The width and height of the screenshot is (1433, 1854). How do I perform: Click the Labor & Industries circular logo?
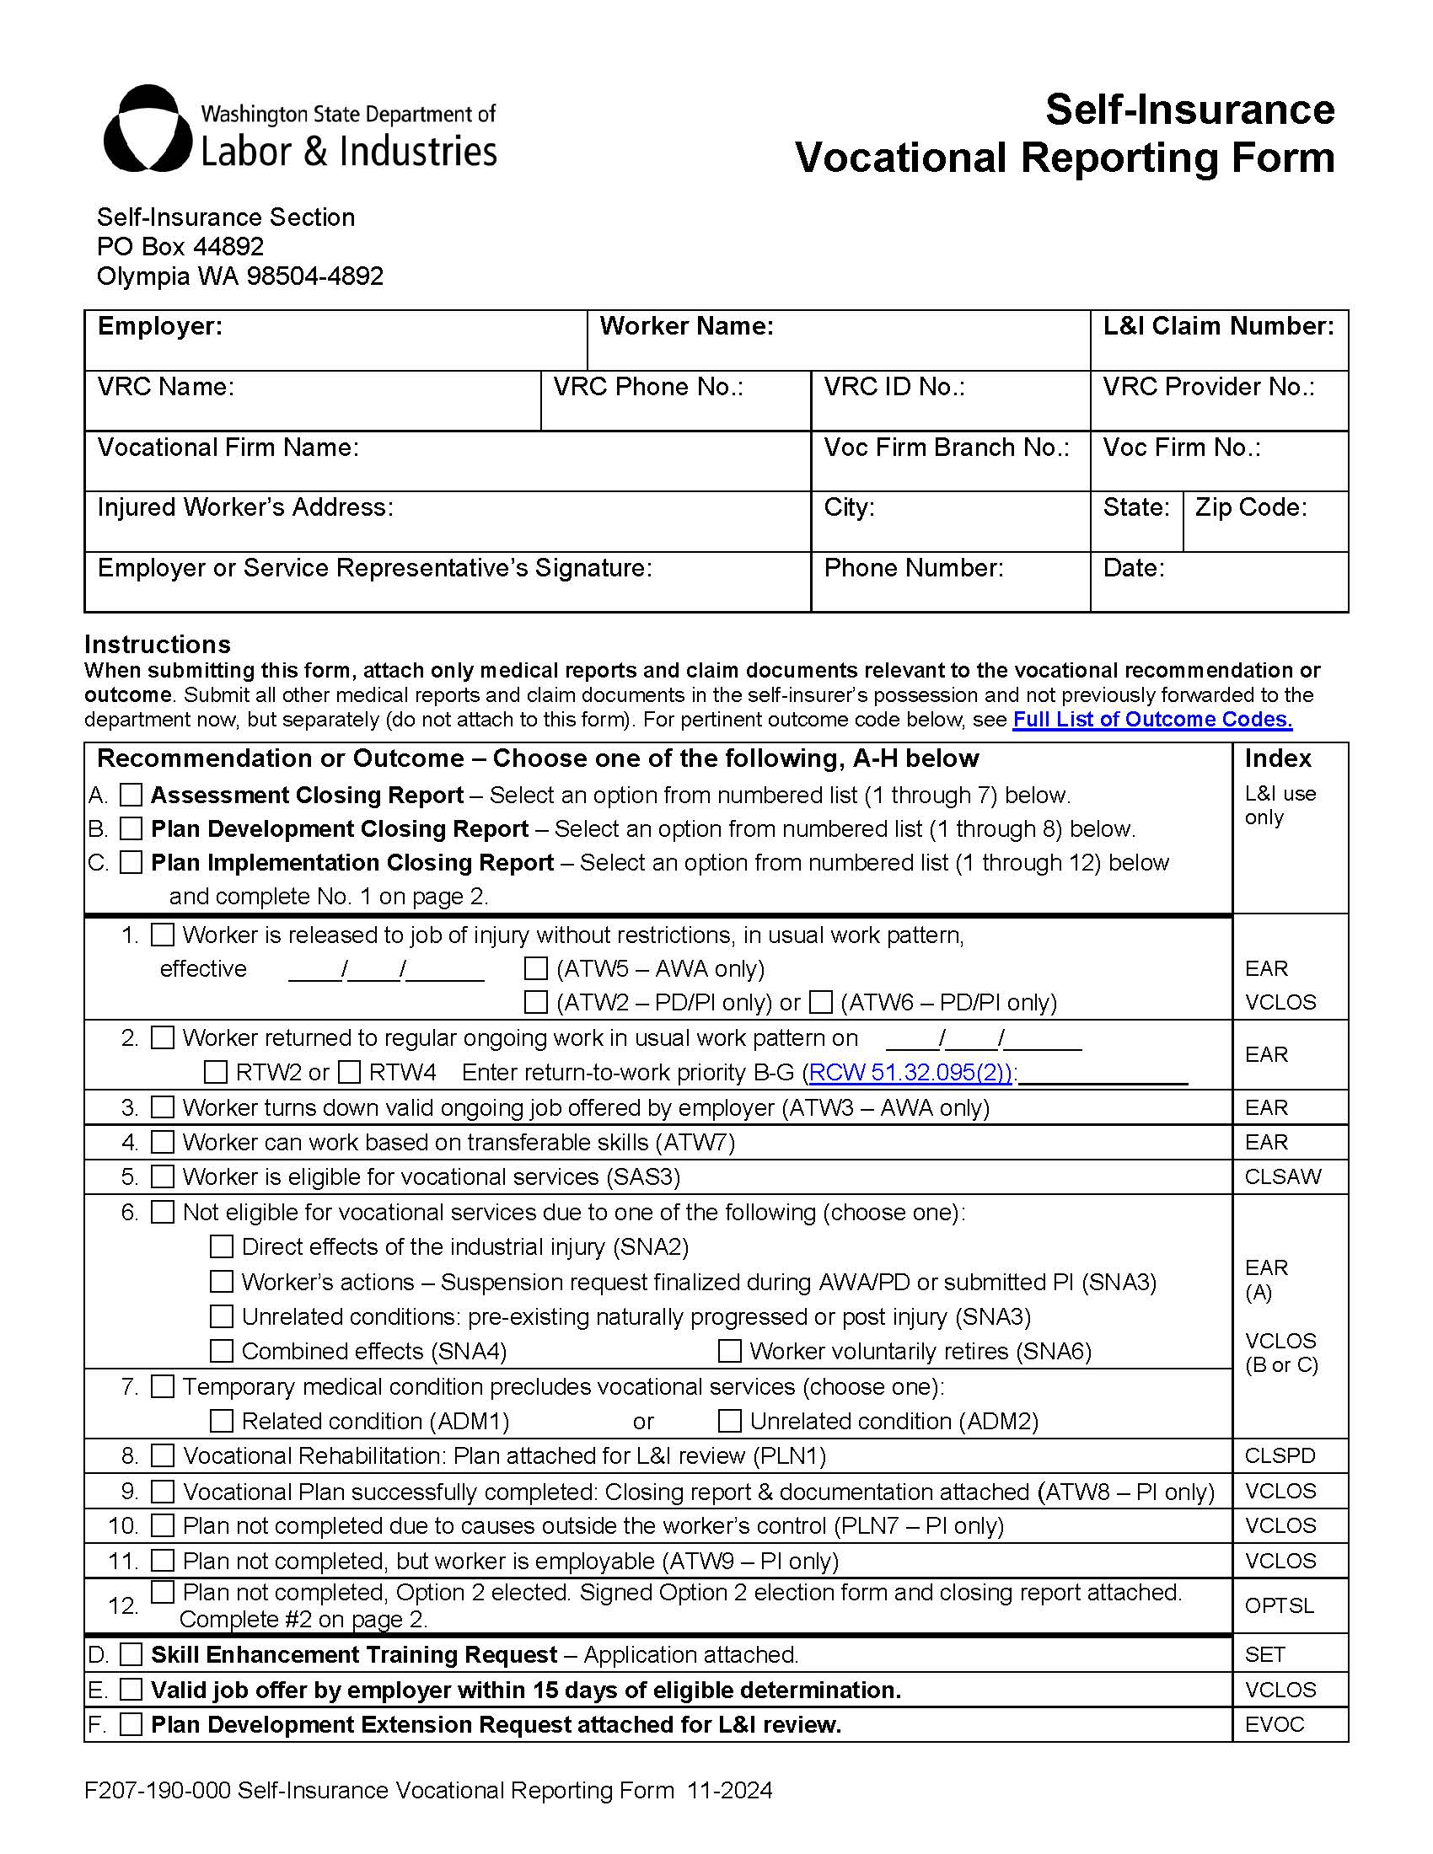(x=146, y=129)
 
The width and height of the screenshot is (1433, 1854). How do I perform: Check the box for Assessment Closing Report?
(x=131, y=795)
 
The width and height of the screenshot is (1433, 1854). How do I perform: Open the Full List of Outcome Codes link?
(x=1152, y=719)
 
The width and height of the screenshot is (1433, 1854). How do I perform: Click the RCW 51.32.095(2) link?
(x=910, y=1072)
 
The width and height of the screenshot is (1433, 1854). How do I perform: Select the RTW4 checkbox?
(x=350, y=1072)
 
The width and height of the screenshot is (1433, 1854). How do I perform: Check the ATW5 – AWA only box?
(x=535, y=967)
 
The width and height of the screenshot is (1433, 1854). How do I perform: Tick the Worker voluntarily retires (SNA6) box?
(x=729, y=1351)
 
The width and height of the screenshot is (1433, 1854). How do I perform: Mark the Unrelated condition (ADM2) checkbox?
(x=729, y=1421)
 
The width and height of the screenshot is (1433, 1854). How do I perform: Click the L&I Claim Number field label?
(x=1217, y=326)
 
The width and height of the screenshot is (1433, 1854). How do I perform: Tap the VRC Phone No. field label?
(x=647, y=387)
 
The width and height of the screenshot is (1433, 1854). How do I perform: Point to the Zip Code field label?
(x=1250, y=507)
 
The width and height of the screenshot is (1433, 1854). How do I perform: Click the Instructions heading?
(x=157, y=645)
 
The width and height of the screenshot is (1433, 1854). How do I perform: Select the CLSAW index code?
(x=1282, y=1176)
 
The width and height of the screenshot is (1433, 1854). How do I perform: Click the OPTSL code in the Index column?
(x=1279, y=1606)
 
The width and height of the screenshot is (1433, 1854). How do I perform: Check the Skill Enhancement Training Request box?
(x=131, y=1654)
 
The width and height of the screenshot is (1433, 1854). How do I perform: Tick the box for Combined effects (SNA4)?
(x=222, y=1351)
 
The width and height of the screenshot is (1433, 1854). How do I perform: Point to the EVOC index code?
(x=1274, y=1724)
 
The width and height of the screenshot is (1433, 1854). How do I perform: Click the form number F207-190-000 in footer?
(x=157, y=1790)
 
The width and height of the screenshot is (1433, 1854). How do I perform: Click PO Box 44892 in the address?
(x=180, y=246)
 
